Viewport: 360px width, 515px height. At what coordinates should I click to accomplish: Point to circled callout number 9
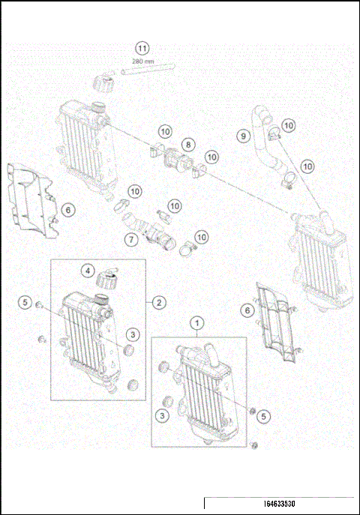tap(242, 136)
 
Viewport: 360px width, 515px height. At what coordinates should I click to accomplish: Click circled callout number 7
tap(130, 239)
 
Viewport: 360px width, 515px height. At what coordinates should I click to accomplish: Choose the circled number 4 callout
tap(88, 270)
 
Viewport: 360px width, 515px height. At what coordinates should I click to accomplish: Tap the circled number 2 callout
tap(159, 303)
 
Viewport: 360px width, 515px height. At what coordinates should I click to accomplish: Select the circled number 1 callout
tap(198, 323)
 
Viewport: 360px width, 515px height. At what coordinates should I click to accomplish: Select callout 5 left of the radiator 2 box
tap(25, 303)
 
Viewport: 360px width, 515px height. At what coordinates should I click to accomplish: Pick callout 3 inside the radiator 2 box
tap(131, 334)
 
